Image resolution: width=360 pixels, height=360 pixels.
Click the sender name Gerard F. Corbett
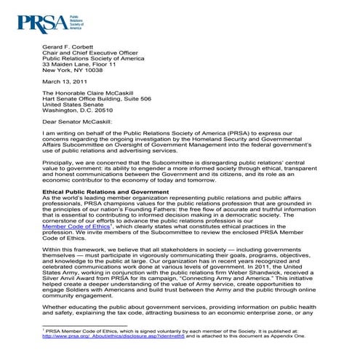[x=69, y=45]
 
